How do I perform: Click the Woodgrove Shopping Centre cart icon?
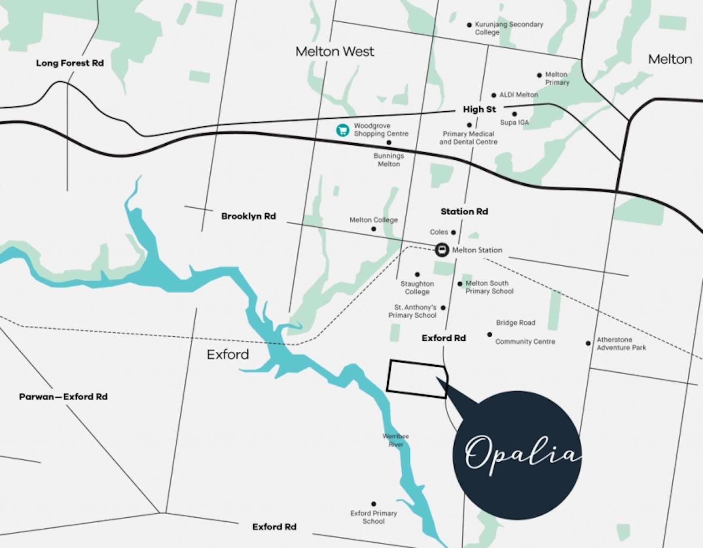[x=343, y=130]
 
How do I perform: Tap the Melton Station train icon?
[x=442, y=250]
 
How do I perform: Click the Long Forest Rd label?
[x=70, y=63]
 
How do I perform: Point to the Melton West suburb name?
[x=335, y=51]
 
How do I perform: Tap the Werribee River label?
[x=396, y=440]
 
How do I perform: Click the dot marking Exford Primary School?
[x=373, y=504]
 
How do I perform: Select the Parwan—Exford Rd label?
[x=63, y=397]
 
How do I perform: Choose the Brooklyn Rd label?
[x=248, y=216]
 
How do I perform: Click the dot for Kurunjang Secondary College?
[x=469, y=25]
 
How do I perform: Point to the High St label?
[x=479, y=109]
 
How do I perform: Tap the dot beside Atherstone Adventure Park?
[x=588, y=343]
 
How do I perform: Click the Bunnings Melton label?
[x=389, y=160]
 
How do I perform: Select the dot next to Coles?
[x=453, y=232]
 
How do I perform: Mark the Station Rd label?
[x=464, y=211]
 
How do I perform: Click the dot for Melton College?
[x=373, y=229]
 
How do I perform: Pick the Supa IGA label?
[x=514, y=122]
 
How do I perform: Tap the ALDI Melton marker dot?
[x=493, y=96]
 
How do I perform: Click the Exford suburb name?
[x=228, y=355]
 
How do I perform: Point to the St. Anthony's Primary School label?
[x=413, y=311]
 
